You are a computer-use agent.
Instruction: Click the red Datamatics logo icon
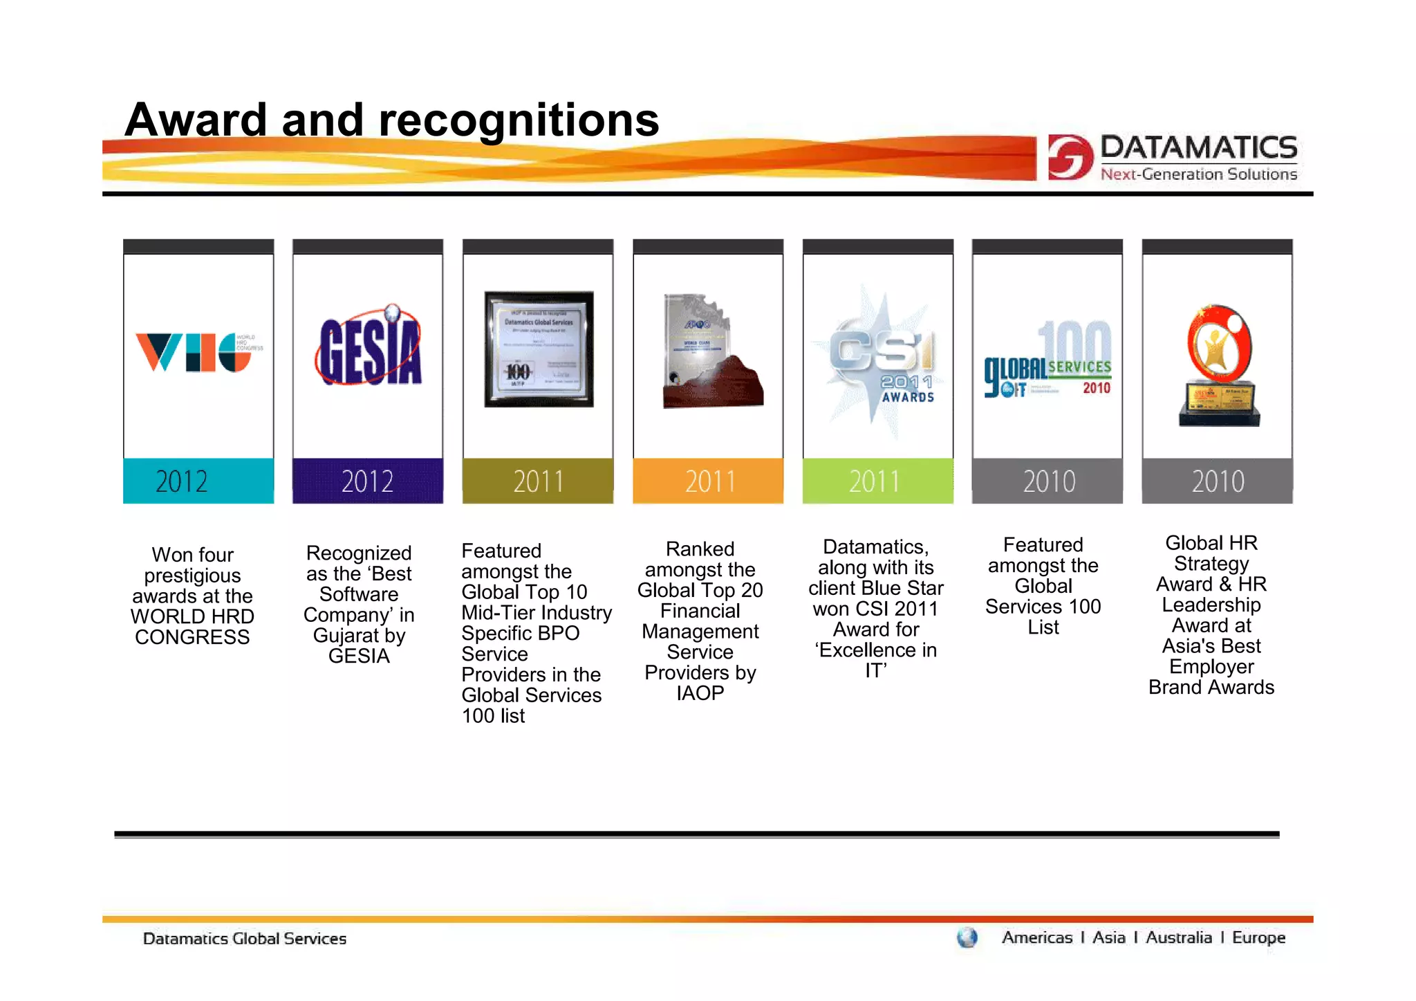click(1070, 157)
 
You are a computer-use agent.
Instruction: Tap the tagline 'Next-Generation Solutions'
click(1198, 174)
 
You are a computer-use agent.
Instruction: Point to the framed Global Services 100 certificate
click(539, 349)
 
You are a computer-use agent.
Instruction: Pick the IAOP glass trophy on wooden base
click(710, 353)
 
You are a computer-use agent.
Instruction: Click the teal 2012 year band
click(198, 481)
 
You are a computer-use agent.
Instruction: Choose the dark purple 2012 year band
click(368, 481)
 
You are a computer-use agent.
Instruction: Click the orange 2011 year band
click(708, 481)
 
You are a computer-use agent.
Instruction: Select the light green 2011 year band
click(877, 481)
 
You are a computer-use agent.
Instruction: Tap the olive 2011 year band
click(538, 481)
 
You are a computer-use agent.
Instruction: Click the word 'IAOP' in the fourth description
click(700, 693)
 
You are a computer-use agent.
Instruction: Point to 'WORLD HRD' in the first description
click(192, 616)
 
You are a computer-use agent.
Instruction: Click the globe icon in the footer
click(967, 938)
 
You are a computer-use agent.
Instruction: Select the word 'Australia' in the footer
click(1178, 937)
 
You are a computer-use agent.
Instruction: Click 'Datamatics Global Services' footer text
click(244, 939)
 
